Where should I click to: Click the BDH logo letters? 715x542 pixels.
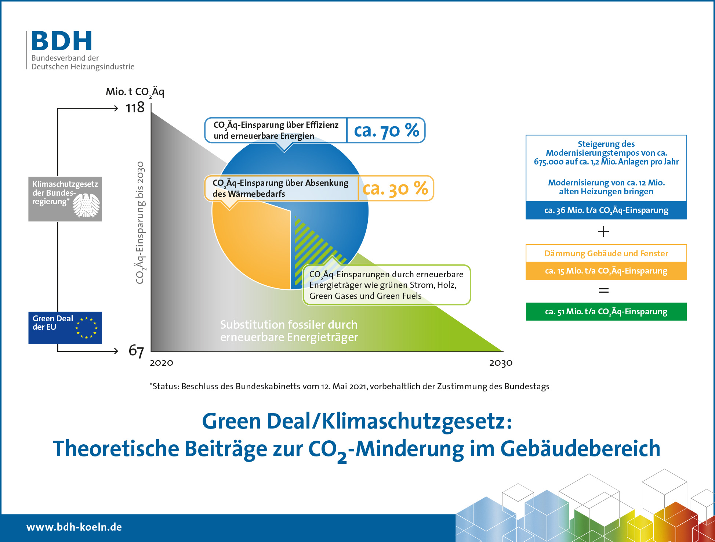62,41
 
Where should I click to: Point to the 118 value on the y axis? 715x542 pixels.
135,108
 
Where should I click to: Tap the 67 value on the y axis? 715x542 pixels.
136,351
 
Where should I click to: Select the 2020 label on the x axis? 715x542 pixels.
161,363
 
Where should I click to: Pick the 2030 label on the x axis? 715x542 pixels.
501,363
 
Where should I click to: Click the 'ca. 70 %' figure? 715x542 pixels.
386,130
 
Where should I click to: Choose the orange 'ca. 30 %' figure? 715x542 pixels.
395,188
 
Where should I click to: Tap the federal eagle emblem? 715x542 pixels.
86,205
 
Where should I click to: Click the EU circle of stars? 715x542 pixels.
87,328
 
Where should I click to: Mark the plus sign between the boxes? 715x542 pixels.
603,232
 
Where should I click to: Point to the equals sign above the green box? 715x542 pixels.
603,290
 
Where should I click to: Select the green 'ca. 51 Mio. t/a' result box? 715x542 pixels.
606,312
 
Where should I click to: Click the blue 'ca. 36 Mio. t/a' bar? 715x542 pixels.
606,210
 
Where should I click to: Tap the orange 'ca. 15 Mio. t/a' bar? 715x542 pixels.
606,271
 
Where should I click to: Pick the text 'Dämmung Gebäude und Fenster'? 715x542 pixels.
606,253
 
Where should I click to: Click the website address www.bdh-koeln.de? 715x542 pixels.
74,527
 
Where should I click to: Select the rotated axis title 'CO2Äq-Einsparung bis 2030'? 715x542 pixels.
140,223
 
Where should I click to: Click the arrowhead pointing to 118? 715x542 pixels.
116,108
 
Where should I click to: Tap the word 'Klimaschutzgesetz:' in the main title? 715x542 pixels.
417,421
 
